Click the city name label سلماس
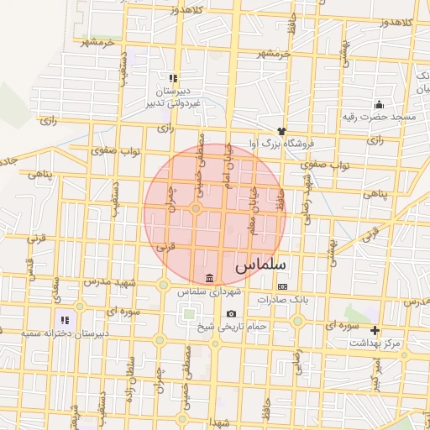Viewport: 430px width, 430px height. click(260, 264)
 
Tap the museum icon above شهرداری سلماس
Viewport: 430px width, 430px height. click(208, 278)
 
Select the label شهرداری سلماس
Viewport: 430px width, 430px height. click(208, 291)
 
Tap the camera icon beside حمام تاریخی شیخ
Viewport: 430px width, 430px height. click(231, 314)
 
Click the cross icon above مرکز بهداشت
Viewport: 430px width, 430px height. click(375, 330)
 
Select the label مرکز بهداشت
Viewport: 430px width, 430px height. click(378, 343)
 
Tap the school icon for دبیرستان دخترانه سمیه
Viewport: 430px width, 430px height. click(64, 320)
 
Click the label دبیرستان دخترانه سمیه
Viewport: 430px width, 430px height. click(65, 334)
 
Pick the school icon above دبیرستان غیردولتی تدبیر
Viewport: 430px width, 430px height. click(173, 77)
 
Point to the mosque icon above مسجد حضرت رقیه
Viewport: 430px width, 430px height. click(379, 104)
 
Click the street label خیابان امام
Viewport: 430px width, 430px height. click(225, 163)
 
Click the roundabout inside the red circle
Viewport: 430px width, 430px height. click(196, 208)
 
